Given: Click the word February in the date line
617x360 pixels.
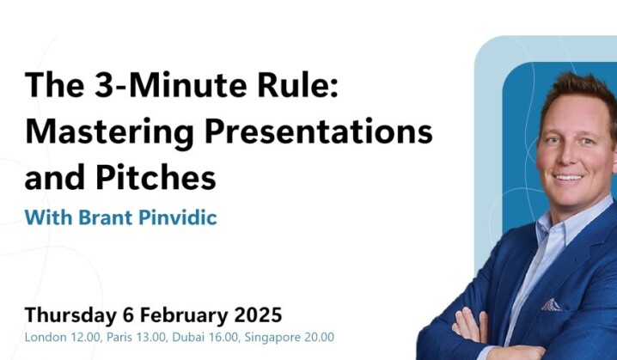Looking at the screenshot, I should pyautogui.click(x=185, y=313).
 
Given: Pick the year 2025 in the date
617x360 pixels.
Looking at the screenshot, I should pyautogui.click(x=258, y=313).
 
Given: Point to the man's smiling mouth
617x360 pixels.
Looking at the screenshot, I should pyautogui.click(x=571, y=177).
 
